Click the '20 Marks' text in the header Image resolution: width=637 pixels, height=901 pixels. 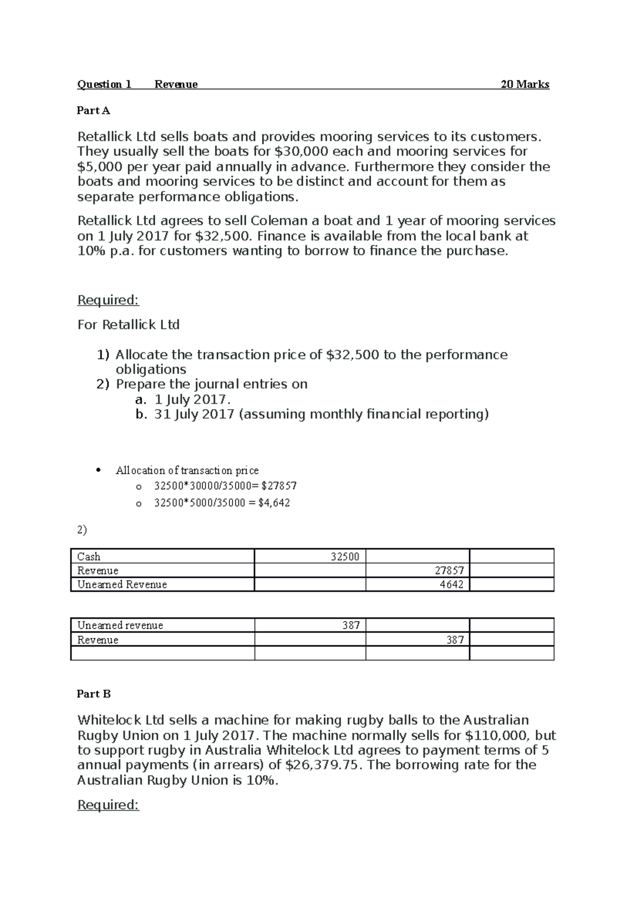pyautogui.click(x=524, y=84)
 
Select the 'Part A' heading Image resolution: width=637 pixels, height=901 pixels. pyautogui.click(x=93, y=110)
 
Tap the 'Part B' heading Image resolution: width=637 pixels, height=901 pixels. pyautogui.click(x=93, y=694)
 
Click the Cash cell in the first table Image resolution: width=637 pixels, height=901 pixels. pyautogui.click(x=89, y=557)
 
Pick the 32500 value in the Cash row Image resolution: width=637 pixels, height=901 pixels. pyautogui.click(x=345, y=557)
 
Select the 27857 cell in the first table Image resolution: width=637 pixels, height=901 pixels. pyautogui.click(x=449, y=570)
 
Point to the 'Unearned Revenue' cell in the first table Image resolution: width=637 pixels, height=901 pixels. pyautogui.click(x=122, y=584)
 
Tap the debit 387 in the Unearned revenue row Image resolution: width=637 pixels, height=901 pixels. pyautogui.click(x=351, y=625)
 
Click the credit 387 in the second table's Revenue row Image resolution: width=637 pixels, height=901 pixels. pyautogui.click(x=455, y=639)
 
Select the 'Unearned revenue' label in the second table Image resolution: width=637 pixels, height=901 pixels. pyautogui.click(x=120, y=625)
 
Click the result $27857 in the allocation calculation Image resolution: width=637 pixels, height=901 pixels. pyautogui.click(x=279, y=486)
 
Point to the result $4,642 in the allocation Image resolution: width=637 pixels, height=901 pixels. pyautogui.click(x=274, y=503)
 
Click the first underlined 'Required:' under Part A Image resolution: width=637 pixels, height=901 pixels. pyautogui.click(x=108, y=300)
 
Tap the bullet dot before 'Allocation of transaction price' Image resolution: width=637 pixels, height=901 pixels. pyautogui.click(x=99, y=470)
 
